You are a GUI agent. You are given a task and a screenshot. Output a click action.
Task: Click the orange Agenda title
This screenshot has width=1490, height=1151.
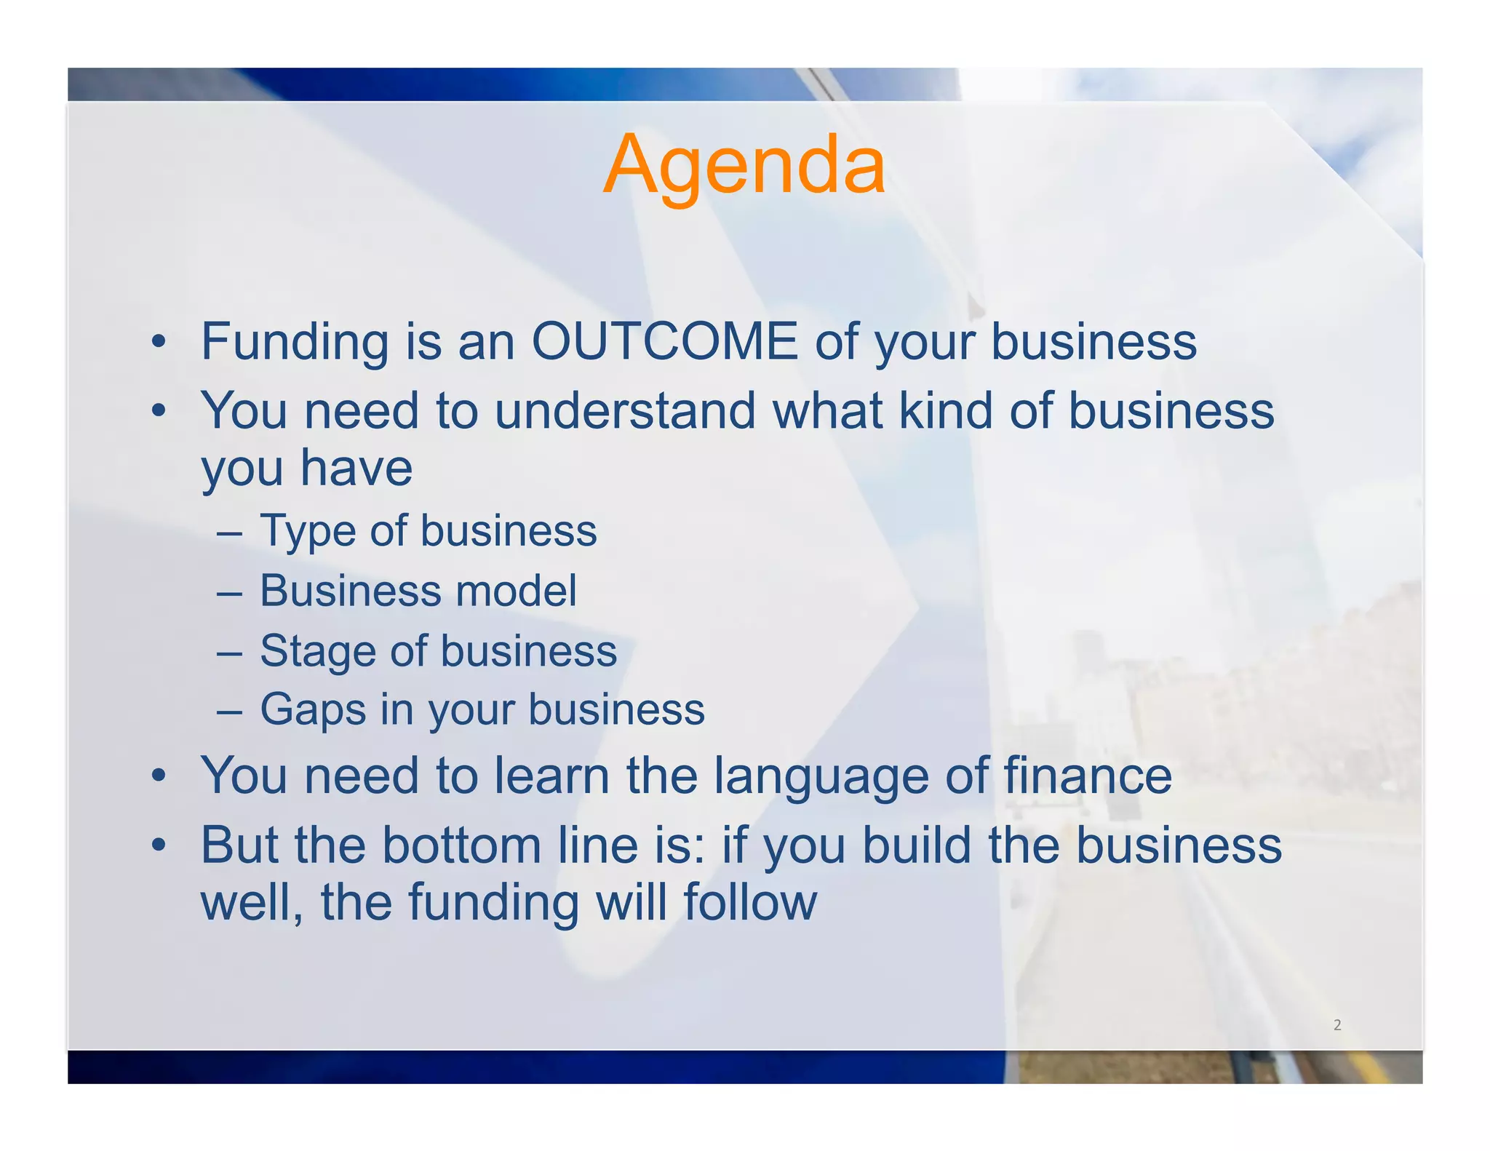pos(744,166)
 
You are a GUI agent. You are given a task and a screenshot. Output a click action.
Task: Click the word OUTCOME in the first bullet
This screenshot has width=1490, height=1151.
pos(664,341)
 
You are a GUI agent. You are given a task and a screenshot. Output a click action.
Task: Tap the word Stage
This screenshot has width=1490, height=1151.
pos(316,650)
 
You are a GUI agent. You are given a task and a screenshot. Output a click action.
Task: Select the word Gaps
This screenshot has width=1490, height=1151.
pos(313,710)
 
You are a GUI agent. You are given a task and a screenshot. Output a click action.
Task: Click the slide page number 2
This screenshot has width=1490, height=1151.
pos(1336,1025)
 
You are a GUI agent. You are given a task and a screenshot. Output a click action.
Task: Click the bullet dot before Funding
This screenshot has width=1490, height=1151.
pos(159,342)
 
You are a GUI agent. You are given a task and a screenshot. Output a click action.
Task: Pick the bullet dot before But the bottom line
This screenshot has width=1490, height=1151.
pos(159,846)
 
